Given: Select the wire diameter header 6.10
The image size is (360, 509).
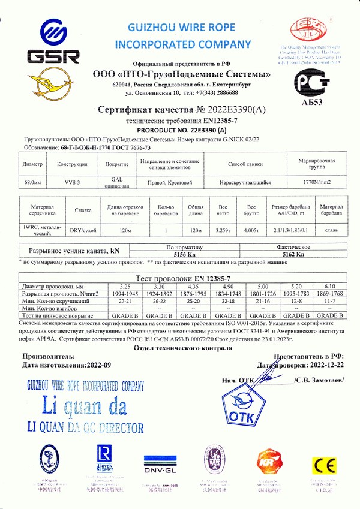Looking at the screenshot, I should [x=329, y=285].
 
